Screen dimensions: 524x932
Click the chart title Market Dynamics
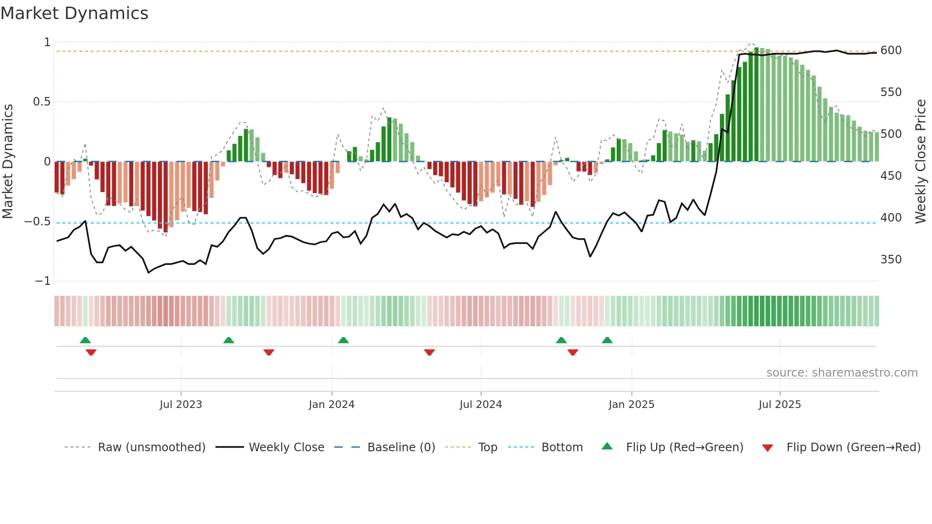click(74, 13)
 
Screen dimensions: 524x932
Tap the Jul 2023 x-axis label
click(181, 405)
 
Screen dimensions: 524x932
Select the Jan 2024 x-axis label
click(331, 405)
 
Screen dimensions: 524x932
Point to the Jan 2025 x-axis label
click(631, 405)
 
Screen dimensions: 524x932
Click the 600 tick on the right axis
click(891, 50)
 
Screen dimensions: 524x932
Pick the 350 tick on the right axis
click(891, 260)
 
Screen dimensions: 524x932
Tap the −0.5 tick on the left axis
click(37, 222)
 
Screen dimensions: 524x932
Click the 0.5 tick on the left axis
click(41, 102)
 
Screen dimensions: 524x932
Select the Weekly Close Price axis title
click(921, 162)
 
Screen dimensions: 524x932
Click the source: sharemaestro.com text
click(842, 373)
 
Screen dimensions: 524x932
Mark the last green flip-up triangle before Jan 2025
click(607, 340)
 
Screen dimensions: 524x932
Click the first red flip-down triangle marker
click(91, 352)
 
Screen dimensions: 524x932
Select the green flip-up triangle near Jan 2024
click(343, 340)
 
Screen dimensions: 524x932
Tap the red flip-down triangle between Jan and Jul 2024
click(429, 352)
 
